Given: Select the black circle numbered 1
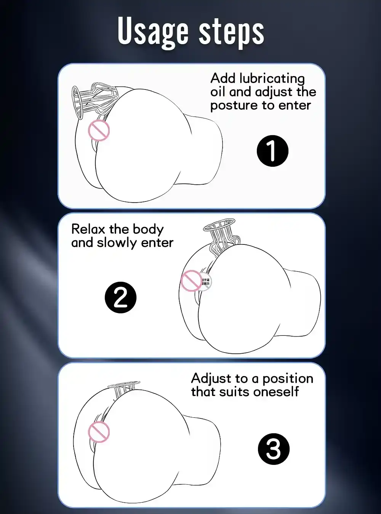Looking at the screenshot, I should tap(272, 151).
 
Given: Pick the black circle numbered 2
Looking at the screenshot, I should tap(120, 297).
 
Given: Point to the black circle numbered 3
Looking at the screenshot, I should tap(274, 449).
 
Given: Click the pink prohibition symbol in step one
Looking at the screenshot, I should tap(99, 130).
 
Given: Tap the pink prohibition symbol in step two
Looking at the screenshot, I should tap(191, 281).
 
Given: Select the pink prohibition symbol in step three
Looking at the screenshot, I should tap(99, 432).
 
